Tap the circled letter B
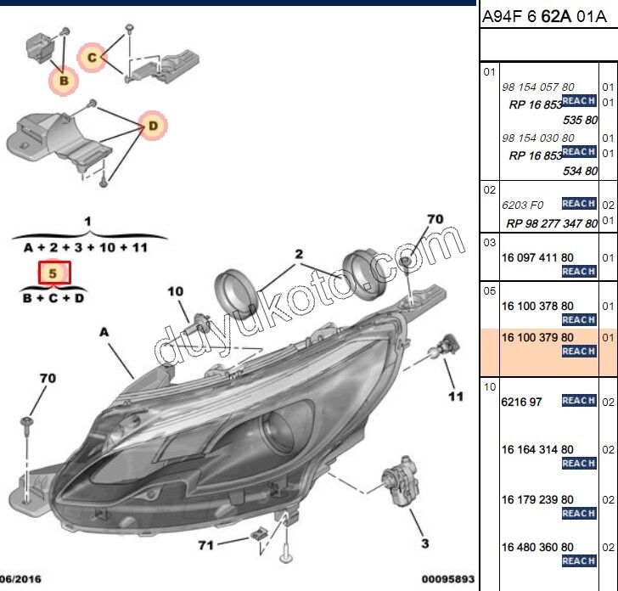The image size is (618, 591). pyautogui.click(x=63, y=81)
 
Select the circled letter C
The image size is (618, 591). pyautogui.click(x=92, y=58)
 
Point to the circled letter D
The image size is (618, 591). pyautogui.click(x=153, y=127)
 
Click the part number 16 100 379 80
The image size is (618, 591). pyautogui.click(x=537, y=337)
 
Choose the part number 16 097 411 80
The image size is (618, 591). pyautogui.click(x=537, y=256)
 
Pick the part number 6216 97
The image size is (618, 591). pyautogui.click(x=522, y=402)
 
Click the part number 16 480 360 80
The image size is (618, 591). pyautogui.click(x=537, y=547)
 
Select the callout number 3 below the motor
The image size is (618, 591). pyautogui.click(x=424, y=543)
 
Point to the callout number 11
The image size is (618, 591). pyautogui.click(x=456, y=397)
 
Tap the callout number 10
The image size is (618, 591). pyautogui.click(x=175, y=292)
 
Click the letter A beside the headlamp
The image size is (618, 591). pyautogui.click(x=104, y=334)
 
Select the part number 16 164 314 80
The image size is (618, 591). pyautogui.click(x=537, y=449)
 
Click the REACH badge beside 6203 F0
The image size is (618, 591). pyautogui.click(x=578, y=204)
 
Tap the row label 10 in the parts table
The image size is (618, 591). pyautogui.click(x=490, y=387)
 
